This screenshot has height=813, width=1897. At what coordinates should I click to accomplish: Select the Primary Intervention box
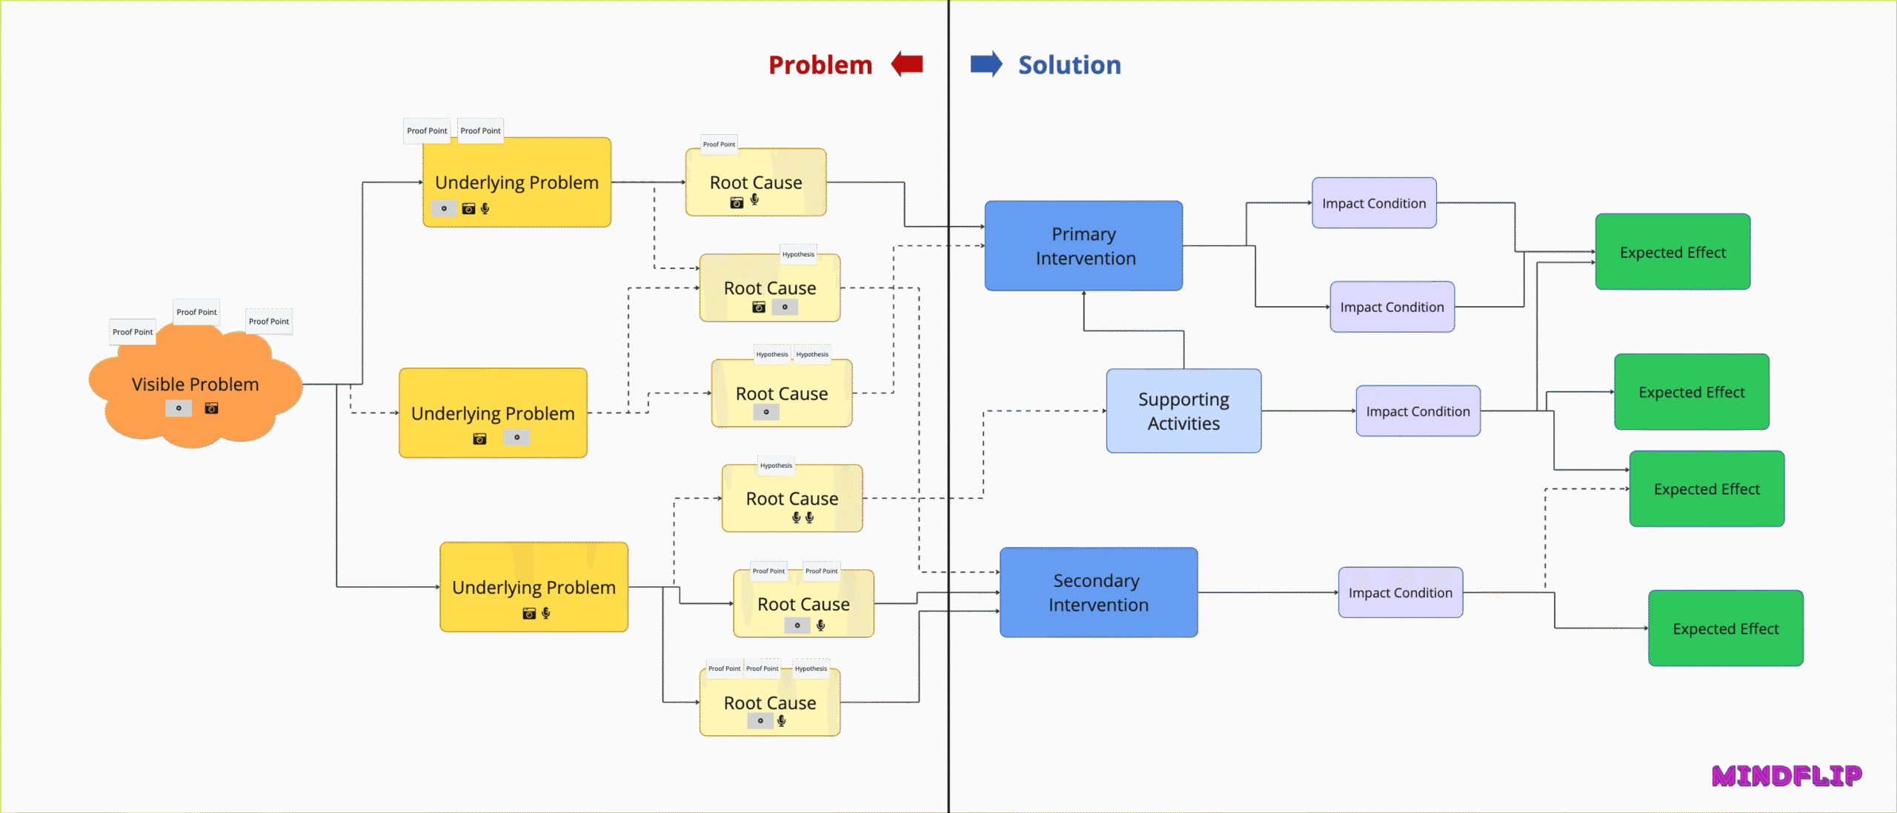point(1083,245)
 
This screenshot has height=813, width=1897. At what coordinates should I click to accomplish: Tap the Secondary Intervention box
point(1098,592)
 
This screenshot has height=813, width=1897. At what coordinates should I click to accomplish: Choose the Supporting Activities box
point(1183,411)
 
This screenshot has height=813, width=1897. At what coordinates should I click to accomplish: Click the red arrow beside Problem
point(907,64)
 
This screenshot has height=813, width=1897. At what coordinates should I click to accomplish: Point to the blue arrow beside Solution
point(986,64)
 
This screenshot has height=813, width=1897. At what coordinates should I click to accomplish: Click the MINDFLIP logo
point(1787,775)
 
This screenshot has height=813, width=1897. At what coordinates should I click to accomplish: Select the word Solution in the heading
point(1069,65)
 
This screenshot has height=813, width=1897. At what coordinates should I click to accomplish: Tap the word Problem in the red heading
point(820,65)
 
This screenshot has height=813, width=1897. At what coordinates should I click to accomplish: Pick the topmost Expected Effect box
point(1672,252)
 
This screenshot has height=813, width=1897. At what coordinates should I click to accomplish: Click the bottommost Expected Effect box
point(1725,628)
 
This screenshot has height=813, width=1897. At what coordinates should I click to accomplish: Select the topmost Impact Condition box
point(1374,203)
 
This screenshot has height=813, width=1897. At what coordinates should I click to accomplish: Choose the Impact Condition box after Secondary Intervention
point(1400,592)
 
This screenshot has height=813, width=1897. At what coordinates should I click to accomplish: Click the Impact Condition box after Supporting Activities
point(1418,411)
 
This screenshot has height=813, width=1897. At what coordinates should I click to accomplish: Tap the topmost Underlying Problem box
point(516,182)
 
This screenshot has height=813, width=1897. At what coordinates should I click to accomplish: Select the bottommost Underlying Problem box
point(534,587)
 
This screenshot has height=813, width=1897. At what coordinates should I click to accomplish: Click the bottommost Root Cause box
point(769,703)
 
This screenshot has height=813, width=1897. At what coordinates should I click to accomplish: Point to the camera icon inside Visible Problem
point(212,408)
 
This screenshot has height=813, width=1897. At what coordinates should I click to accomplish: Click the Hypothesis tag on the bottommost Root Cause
point(811,668)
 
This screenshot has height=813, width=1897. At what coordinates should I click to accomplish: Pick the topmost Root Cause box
point(755,182)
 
